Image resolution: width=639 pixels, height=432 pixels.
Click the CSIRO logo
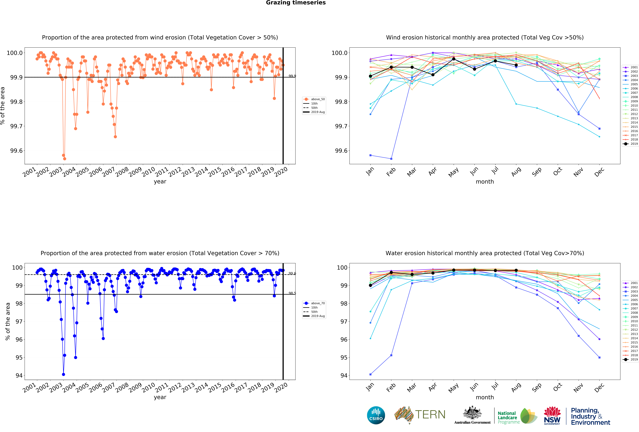click(376, 415)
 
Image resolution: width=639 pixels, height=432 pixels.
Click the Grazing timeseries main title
click(296, 3)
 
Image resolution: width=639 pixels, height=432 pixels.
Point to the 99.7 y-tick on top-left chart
click(16, 126)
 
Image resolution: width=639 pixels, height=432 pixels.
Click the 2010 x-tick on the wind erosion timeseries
click(148, 172)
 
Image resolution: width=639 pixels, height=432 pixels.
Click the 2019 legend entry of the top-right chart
click(630, 144)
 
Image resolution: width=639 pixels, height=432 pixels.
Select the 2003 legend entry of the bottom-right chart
click(630, 291)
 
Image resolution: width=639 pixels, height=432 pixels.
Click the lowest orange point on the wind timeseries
click(65, 159)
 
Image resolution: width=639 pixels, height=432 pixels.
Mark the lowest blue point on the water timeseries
click(64, 374)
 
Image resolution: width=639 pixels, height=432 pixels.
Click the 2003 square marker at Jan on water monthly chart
click(370, 374)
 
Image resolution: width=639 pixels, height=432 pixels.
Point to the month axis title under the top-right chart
click(485, 182)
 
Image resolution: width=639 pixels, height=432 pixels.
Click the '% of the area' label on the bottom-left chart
click(8, 321)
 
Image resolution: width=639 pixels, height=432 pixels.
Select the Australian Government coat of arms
click(472, 412)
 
